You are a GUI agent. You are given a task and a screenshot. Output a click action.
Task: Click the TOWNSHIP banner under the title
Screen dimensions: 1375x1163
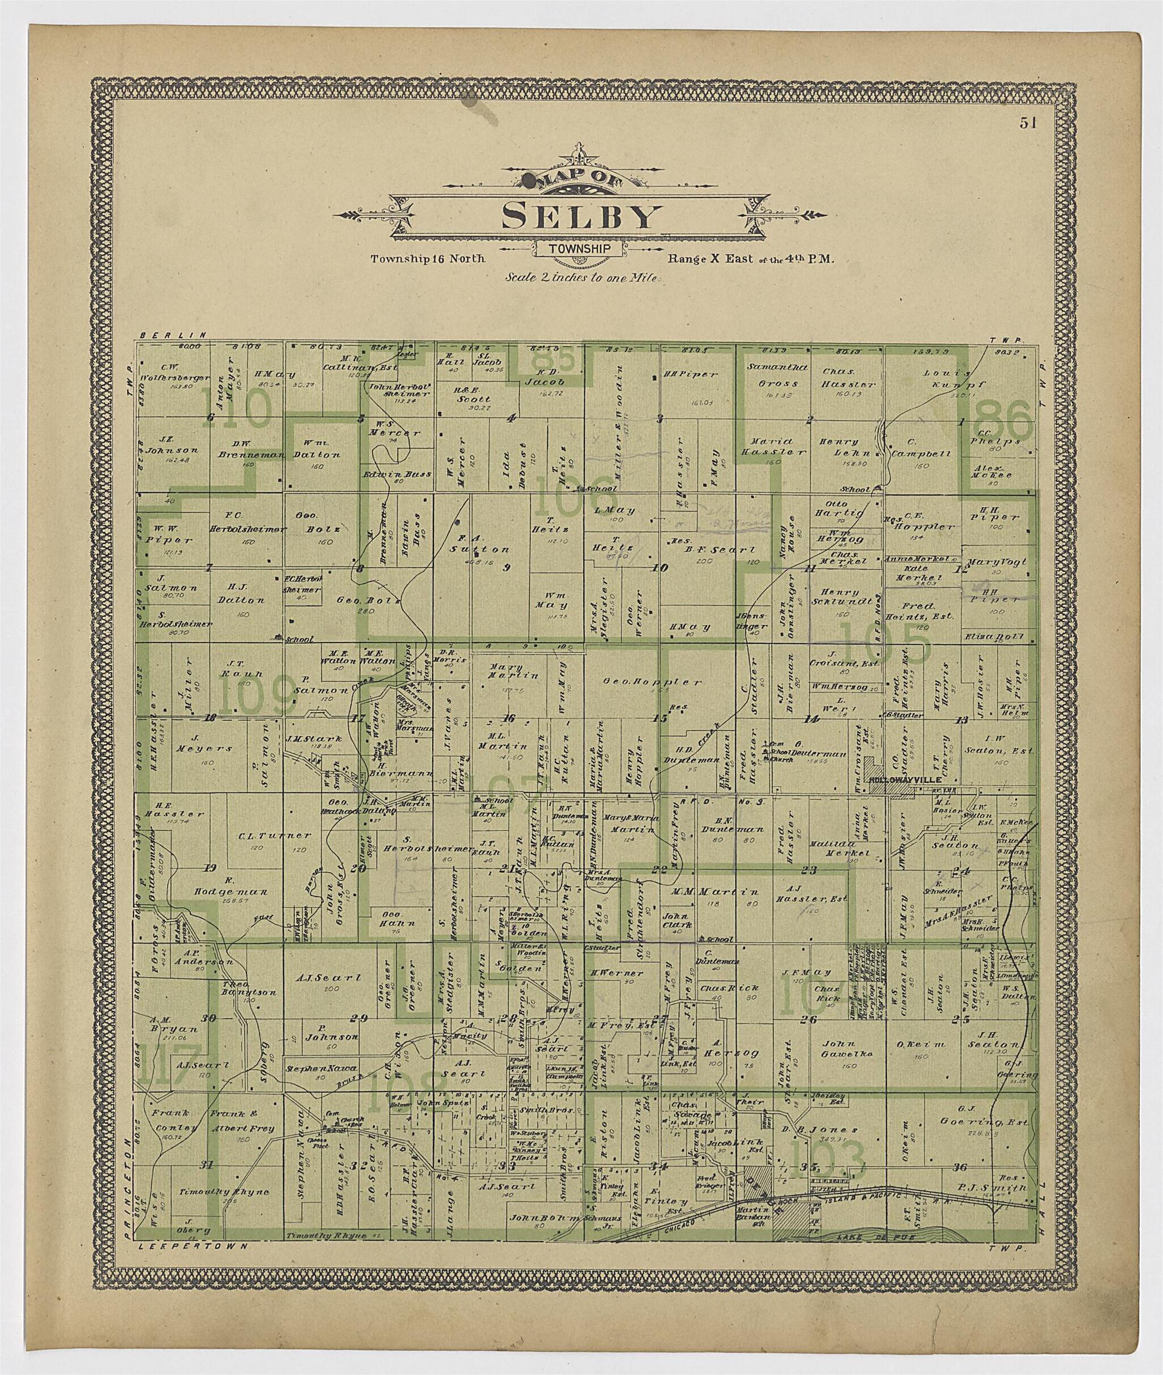point(581,249)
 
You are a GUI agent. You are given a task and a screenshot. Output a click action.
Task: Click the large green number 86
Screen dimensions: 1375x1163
point(1003,421)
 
